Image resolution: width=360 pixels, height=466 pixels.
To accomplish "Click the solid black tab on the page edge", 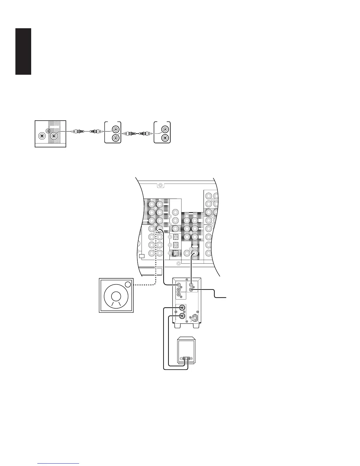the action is click(x=24, y=51).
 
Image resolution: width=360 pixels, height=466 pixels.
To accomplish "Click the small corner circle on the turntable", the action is click(x=128, y=284).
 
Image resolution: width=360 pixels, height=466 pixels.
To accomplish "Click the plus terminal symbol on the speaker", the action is click(x=191, y=359).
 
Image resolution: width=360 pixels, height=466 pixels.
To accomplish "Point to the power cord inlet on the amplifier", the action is click(x=195, y=318).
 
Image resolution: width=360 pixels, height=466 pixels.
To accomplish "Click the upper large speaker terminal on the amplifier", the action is click(x=183, y=308).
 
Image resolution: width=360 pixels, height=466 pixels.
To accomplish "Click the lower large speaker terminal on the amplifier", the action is click(x=183, y=316).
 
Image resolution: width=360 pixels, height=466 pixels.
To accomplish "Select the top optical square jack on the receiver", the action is click(x=175, y=237).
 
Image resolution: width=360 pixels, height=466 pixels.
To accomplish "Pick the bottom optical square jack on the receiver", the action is click(x=175, y=252).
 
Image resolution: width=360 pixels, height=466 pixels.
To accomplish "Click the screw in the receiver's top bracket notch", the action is click(x=160, y=185).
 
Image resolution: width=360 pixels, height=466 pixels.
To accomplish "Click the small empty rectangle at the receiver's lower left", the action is click(x=142, y=256).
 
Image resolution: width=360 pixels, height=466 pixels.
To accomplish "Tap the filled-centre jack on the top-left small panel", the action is click(x=42, y=136).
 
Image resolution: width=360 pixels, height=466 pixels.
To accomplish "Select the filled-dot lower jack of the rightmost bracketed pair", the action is click(x=165, y=137).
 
